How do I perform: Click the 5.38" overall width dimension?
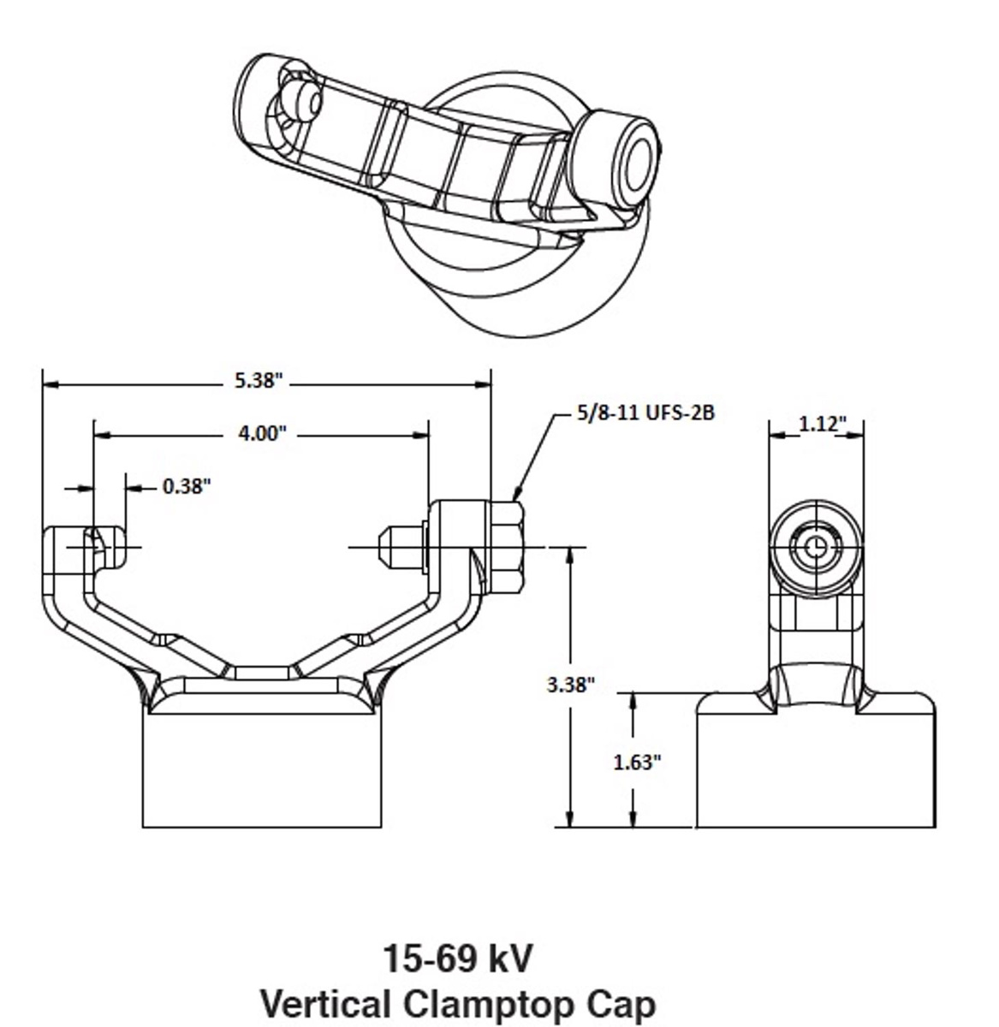tap(258, 381)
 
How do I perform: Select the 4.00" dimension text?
tap(261, 433)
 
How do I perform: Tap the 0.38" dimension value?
tap(187, 486)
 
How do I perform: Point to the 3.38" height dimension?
tap(570, 684)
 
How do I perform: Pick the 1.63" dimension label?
tap(638, 762)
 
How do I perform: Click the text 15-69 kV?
tap(456, 959)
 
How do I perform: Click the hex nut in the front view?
tap(509, 548)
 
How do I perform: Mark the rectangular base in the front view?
tap(261, 770)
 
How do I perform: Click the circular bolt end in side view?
tap(815, 545)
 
